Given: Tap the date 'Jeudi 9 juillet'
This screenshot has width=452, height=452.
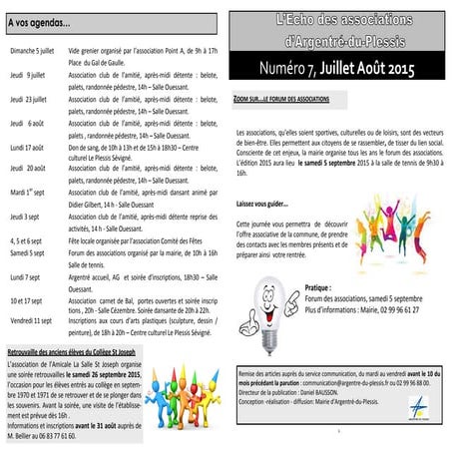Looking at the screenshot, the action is pos(27,74).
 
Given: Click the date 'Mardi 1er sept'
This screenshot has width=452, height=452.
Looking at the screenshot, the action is pos(27,190).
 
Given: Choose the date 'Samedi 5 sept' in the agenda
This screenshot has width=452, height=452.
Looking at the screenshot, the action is pos(28,252).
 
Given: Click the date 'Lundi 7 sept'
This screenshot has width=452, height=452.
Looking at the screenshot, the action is pos(26,276).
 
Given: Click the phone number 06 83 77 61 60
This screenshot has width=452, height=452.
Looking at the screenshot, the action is pos(54,436).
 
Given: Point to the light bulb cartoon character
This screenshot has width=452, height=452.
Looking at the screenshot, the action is pos(268,294).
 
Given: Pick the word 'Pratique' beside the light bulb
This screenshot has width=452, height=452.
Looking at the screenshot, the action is pos(319,284).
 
